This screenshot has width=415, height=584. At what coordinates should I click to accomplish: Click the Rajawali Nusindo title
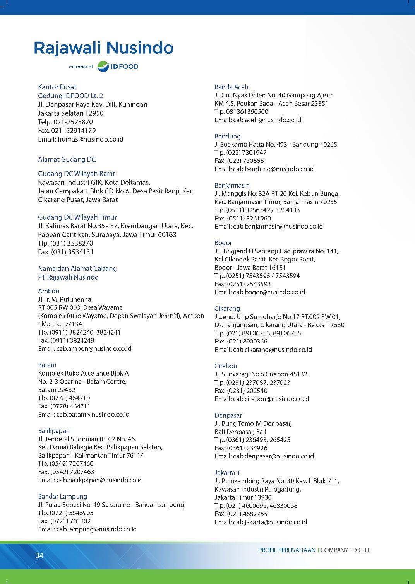pos(103,48)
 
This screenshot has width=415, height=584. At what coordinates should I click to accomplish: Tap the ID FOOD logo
pos(118,67)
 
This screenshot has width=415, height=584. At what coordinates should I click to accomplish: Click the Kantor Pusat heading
pos(57,87)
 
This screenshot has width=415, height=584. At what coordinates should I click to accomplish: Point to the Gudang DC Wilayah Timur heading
pos(77,217)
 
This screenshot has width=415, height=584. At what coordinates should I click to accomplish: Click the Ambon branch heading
pos(49,291)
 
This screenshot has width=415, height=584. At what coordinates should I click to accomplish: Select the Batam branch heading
pos(47,365)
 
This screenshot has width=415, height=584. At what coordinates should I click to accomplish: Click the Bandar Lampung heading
pos(62,496)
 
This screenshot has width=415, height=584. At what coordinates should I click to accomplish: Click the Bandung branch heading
pos(228,136)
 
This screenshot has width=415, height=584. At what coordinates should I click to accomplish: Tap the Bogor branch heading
pos(223,243)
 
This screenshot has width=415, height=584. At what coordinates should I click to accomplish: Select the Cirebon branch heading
pos(226,366)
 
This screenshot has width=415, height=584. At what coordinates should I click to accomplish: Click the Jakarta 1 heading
pos(227,473)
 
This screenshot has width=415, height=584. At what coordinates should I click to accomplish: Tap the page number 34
pos(39,555)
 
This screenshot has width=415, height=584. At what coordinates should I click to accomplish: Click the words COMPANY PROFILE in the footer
pos(345,550)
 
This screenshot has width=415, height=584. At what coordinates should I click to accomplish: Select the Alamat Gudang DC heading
pos(67,159)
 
